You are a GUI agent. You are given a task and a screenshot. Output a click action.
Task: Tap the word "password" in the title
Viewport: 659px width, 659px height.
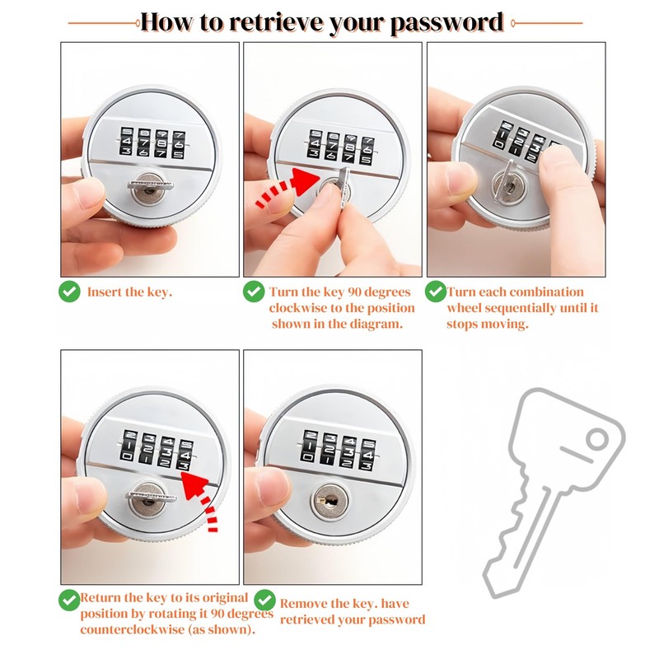tap(446, 23)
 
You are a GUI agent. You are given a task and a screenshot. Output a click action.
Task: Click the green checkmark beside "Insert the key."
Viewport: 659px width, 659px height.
tap(69, 292)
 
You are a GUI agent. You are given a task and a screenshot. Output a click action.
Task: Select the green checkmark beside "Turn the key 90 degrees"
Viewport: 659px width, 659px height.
tap(254, 292)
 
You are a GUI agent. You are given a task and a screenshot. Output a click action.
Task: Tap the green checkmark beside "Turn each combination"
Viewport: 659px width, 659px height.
tap(436, 292)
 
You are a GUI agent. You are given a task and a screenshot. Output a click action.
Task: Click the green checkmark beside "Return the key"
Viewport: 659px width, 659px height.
tap(69, 600)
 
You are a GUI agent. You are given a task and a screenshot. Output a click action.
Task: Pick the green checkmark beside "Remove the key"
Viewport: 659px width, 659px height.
tap(264, 600)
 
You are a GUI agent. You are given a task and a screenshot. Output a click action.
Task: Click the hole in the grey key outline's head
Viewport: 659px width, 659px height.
tap(596, 440)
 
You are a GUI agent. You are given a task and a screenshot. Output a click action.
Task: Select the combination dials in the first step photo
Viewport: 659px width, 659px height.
tap(152, 143)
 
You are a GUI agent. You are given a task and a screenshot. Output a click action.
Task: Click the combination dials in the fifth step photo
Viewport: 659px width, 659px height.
tap(339, 450)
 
